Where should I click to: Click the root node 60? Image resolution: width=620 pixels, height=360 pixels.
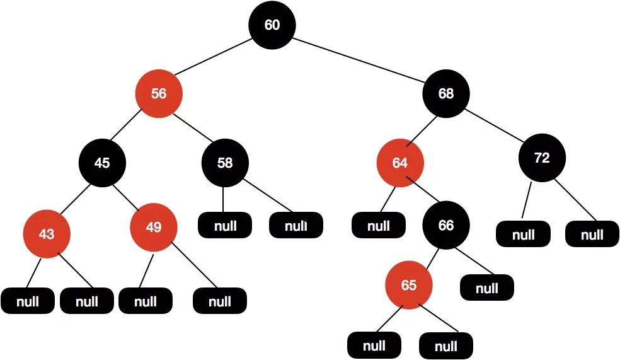272,25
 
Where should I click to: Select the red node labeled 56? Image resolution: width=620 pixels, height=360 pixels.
159,94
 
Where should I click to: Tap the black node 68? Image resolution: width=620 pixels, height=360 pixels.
445,94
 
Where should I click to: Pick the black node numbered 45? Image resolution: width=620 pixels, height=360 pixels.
102,163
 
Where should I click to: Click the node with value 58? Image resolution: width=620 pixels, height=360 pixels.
225,163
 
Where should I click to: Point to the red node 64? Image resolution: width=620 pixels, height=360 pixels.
400,163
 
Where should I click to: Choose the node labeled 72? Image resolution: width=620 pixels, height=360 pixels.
542,158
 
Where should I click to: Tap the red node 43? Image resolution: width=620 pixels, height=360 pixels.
47,234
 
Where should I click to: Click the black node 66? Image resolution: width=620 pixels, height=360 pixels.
445,226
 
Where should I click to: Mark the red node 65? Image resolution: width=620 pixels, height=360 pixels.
409,286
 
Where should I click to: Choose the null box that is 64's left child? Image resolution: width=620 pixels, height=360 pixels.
378,226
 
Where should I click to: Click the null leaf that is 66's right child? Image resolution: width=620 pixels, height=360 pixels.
486,289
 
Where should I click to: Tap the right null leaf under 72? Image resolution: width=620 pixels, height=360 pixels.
592,235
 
